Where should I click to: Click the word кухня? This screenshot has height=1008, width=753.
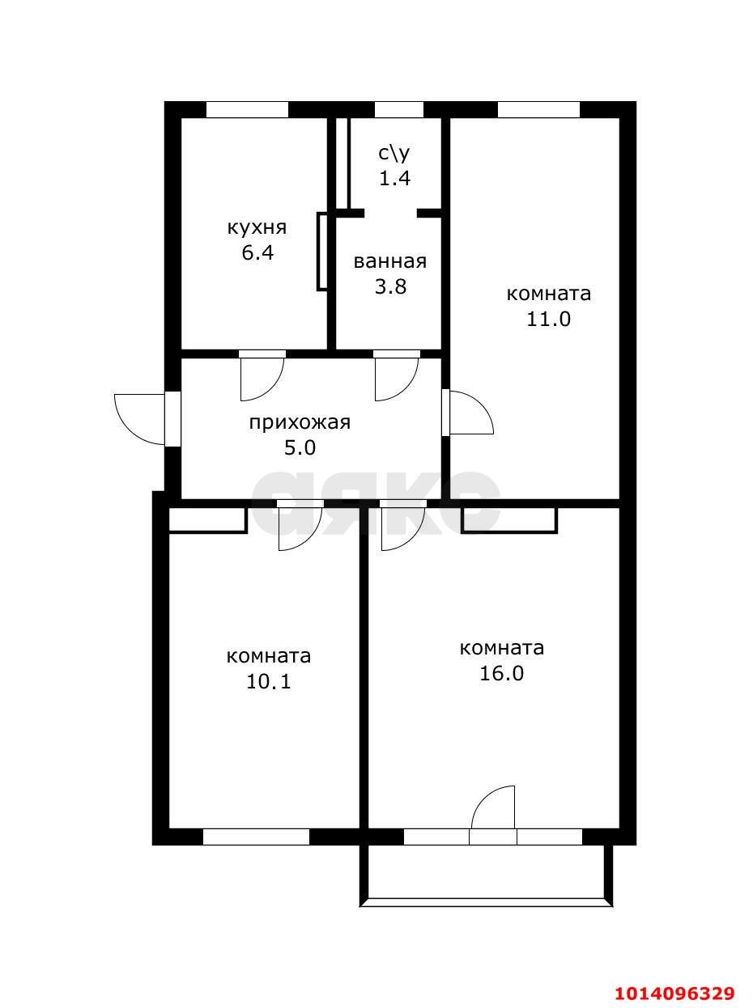tap(257, 227)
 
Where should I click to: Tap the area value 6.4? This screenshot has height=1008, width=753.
tap(257, 252)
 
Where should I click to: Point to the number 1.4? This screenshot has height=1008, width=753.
tap(395, 178)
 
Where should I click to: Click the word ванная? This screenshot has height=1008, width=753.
tap(389, 261)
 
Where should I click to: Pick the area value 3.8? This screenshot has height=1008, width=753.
tap(389, 286)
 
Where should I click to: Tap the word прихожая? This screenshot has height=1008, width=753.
tap(300, 422)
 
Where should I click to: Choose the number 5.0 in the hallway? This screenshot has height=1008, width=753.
tap(300, 447)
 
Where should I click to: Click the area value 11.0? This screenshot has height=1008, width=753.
tap(549, 319)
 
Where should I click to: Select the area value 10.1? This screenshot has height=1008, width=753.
tap(268, 681)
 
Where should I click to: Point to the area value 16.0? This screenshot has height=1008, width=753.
tap(501, 673)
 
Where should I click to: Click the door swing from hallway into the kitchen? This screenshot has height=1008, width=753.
tap(261, 377)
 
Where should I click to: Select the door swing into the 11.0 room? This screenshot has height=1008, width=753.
tap(470, 413)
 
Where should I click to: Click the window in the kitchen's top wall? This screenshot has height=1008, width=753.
tap(247, 110)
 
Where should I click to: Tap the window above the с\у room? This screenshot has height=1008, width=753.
tap(398, 110)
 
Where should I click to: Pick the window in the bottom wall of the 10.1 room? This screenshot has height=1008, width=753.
tap(256, 837)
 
